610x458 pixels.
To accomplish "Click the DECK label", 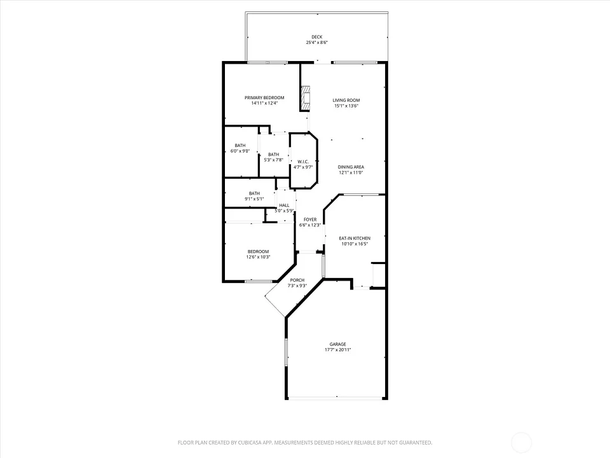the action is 316,37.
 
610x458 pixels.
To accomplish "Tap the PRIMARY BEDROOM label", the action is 264,98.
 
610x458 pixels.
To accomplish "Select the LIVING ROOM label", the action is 346,100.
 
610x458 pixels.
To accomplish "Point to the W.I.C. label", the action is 303,162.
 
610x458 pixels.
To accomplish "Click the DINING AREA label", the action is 351,167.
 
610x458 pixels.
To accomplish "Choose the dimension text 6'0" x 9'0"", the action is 240,151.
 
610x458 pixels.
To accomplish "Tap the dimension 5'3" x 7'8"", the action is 273,160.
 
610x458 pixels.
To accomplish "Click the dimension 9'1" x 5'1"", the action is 254,199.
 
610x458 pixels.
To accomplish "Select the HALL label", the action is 284,205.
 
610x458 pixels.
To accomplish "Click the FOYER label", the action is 310,219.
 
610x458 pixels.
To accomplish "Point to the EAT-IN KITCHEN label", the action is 355,239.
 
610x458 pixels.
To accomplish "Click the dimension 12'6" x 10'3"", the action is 258,257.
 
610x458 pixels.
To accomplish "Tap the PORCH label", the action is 297,280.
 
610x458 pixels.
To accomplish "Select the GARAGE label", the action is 337,344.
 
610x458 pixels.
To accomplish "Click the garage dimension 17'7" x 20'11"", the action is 337,350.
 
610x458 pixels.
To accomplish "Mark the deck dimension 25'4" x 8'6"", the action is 316,43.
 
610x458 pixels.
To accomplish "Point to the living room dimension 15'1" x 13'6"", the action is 346,106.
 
